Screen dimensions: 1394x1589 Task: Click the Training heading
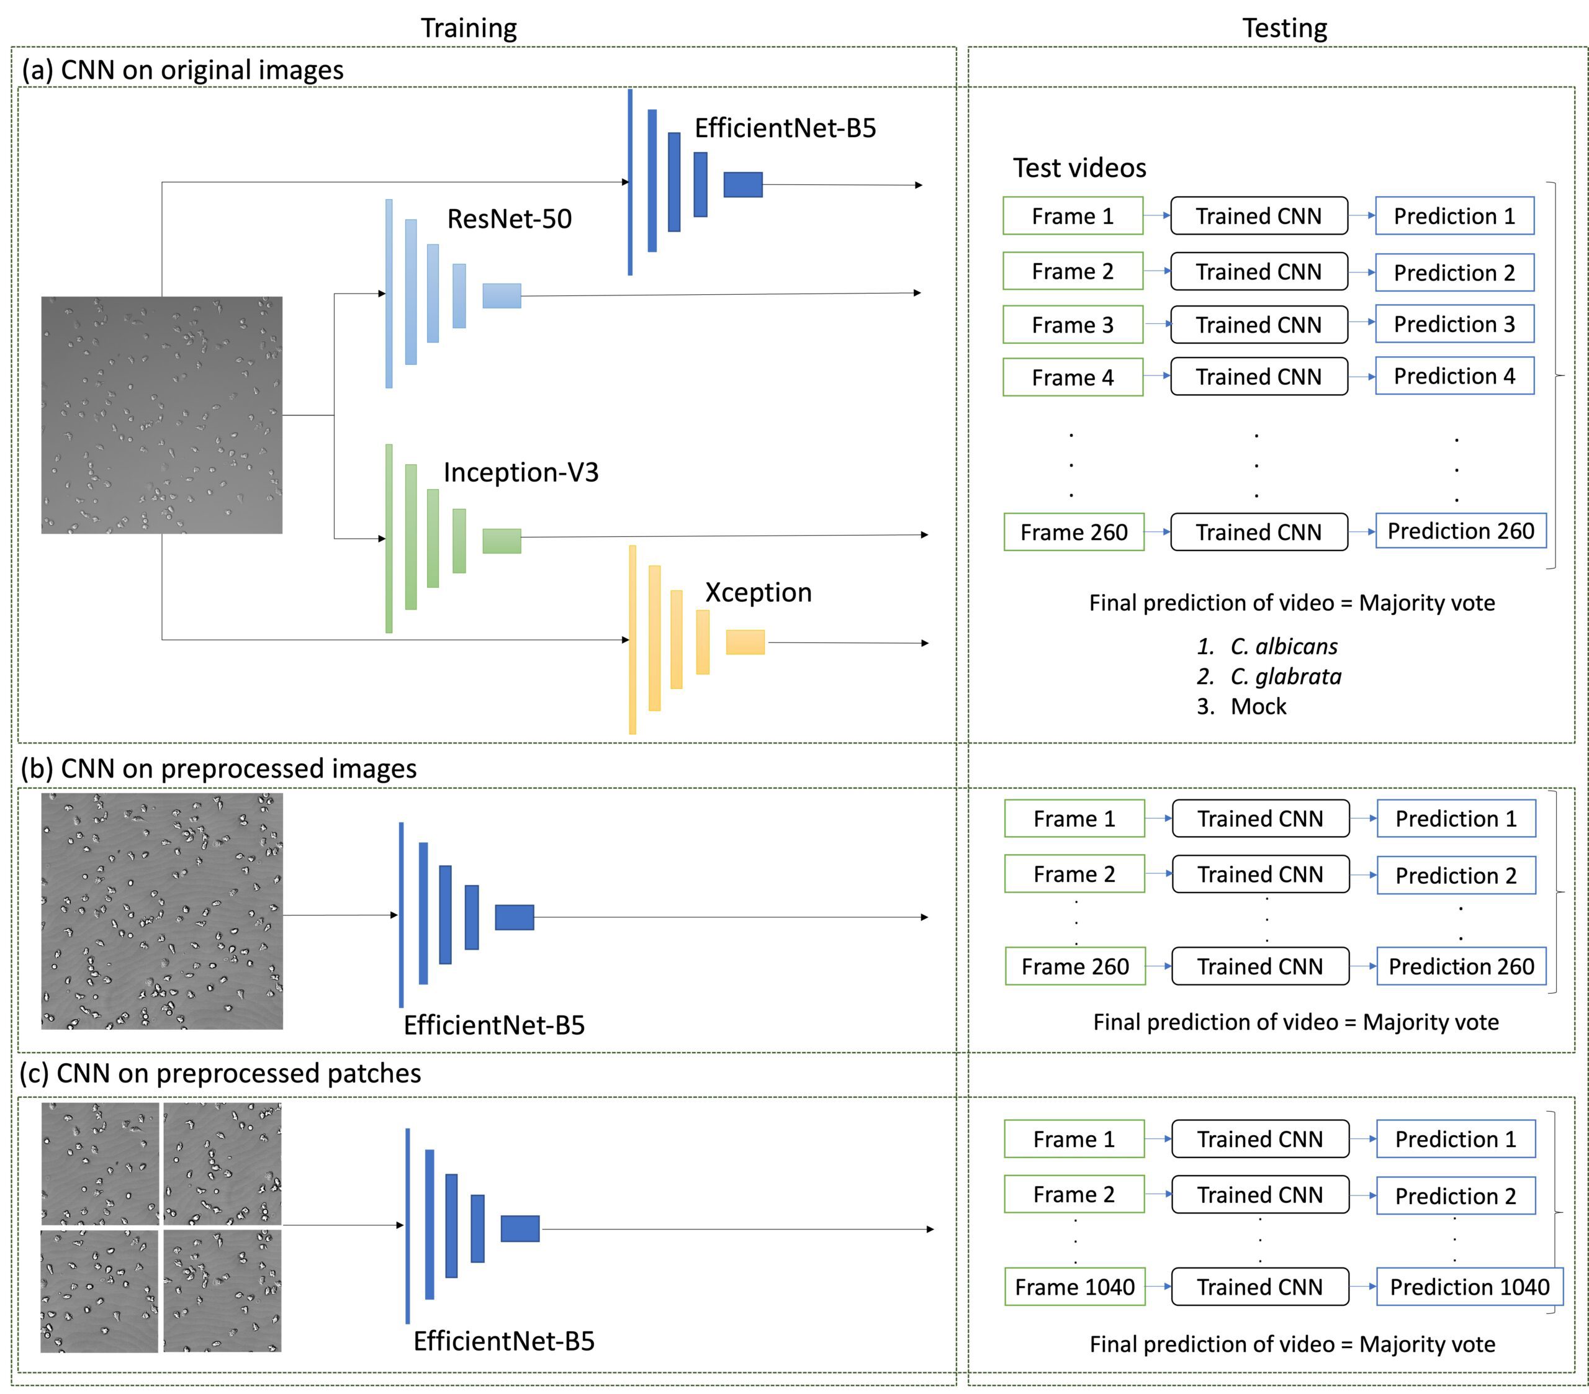pos(469,28)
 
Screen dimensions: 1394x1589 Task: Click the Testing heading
pos(1284,28)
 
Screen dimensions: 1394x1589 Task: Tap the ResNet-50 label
pos(509,218)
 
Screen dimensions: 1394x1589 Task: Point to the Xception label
pos(758,593)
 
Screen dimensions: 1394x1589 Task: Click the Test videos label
pos(1079,168)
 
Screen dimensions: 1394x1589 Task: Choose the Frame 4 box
pos(1073,377)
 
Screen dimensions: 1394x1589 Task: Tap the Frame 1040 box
pos(1074,1287)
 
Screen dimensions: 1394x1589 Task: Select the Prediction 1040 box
pos(1469,1287)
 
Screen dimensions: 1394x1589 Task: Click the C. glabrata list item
pos(1285,677)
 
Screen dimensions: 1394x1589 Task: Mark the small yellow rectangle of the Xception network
pos(745,642)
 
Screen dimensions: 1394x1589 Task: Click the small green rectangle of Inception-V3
pos(502,541)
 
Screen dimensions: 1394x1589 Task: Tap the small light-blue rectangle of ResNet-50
pos(502,295)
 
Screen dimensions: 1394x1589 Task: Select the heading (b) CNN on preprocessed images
pos(219,768)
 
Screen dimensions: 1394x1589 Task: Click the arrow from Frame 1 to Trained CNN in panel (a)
pos(1157,215)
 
